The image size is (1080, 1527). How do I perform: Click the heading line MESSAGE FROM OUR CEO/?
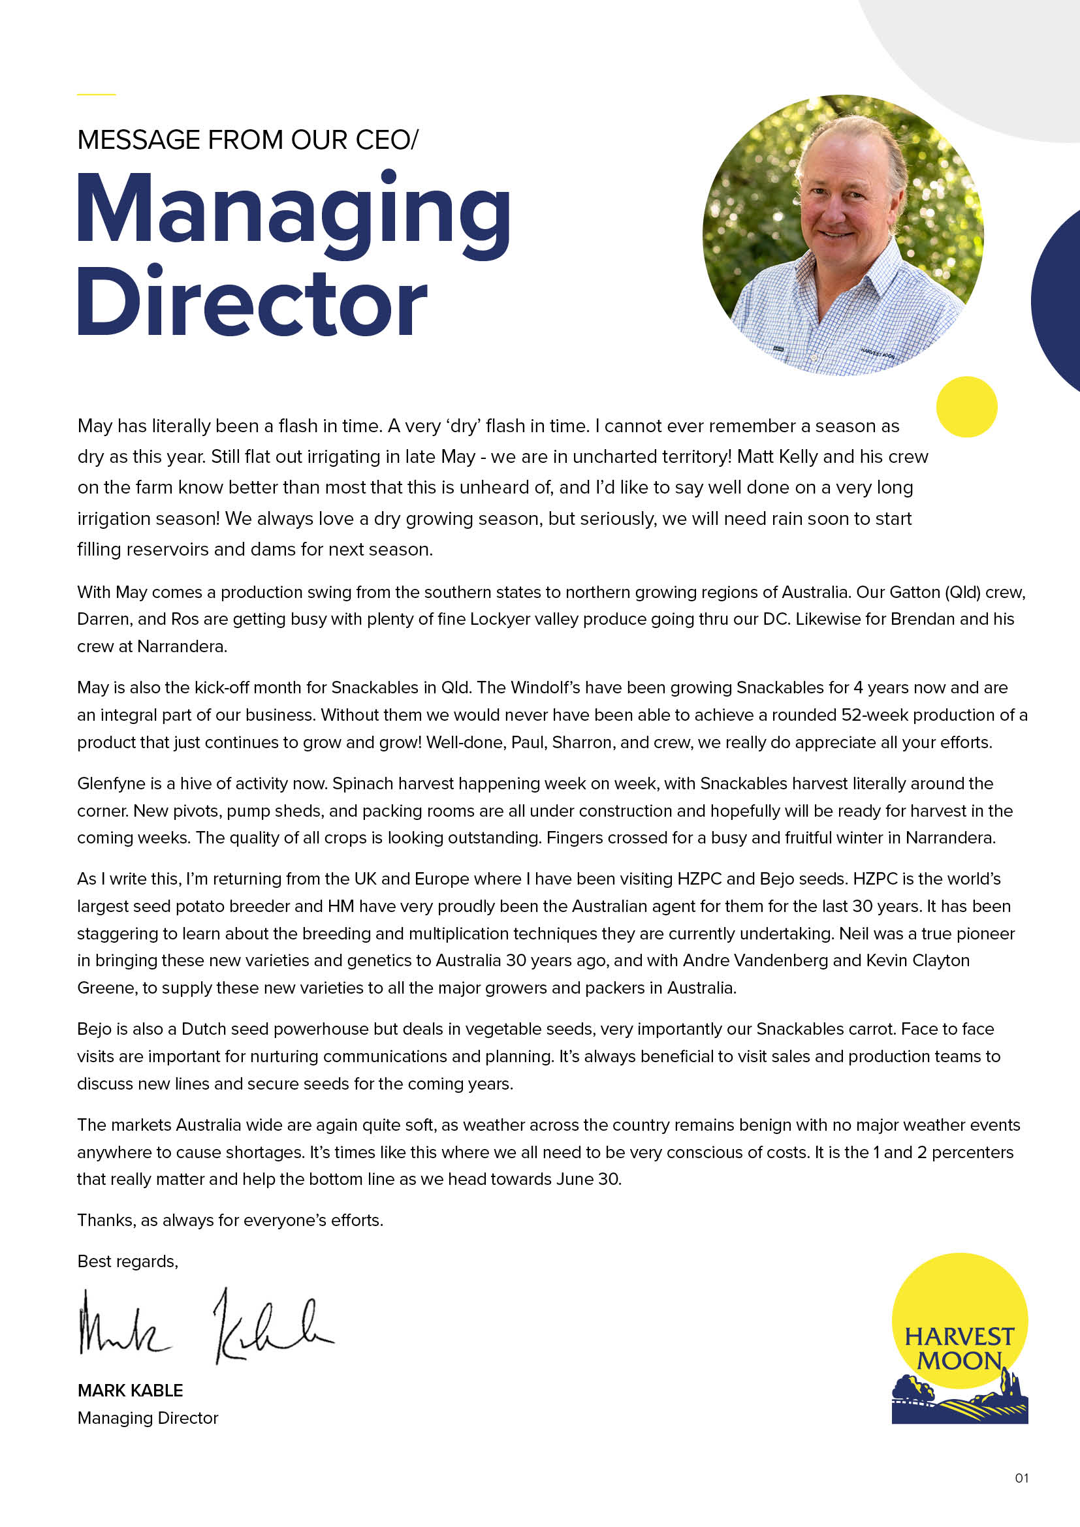tap(247, 140)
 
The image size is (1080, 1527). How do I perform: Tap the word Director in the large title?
tap(252, 304)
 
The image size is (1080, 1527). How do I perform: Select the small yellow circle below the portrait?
tap(966, 407)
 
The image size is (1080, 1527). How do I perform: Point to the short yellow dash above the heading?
tap(97, 95)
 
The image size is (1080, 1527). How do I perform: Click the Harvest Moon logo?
tap(960, 1340)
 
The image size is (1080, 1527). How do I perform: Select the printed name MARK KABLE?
tap(131, 1391)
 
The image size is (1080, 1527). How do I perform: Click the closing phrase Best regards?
tap(128, 1262)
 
